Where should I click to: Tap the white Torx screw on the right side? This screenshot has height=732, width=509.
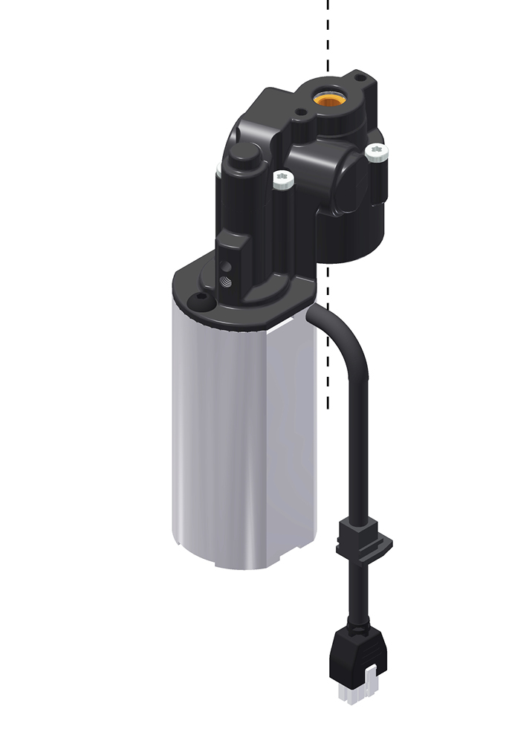376,152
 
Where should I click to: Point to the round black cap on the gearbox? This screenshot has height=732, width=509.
244,156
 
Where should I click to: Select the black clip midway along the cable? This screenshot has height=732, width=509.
363,538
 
